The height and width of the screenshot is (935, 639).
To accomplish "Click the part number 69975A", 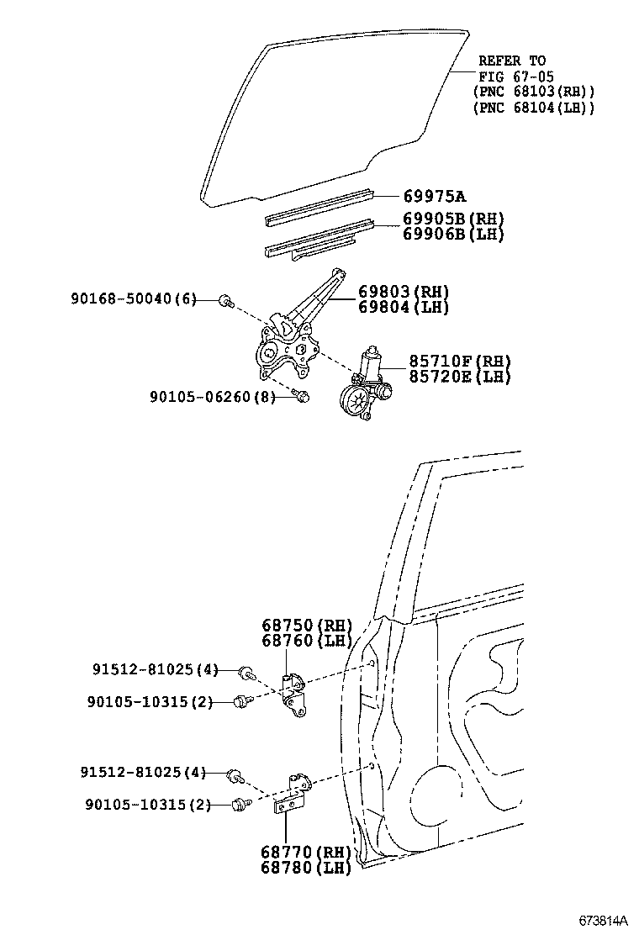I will pos(434,197).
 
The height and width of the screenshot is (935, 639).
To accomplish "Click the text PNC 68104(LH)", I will pos(534,107).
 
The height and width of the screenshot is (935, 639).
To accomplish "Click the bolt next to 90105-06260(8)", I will pos(304,395).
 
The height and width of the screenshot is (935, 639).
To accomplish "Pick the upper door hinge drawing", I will pos(292,695).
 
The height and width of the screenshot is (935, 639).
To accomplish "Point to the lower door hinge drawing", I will pos(291,794).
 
